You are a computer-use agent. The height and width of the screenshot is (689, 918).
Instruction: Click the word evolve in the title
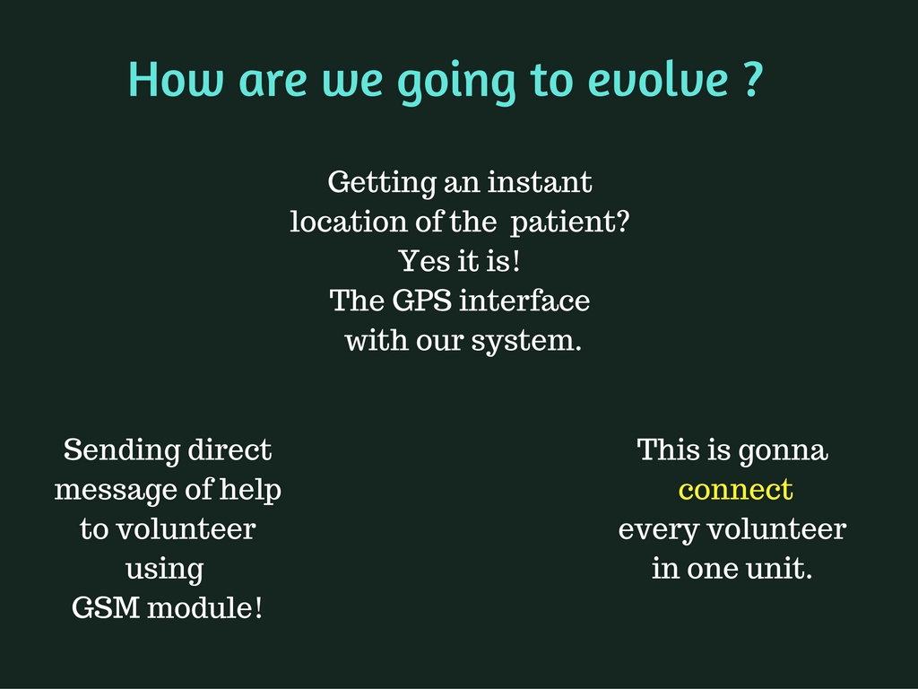click(x=658, y=79)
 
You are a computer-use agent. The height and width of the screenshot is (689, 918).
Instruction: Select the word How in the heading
click(x=176, y=79)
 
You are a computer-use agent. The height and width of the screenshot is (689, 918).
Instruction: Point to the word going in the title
click(x=456, y=83)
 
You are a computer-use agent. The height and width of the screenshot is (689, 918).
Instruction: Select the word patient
click(x=564, y=222)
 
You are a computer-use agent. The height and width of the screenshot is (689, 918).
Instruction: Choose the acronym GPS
click(x=421, y=301)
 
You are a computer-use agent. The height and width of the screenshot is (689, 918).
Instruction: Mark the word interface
click(x=524, y=301)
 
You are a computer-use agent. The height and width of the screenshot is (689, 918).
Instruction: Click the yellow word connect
click(x=735, y=490)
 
